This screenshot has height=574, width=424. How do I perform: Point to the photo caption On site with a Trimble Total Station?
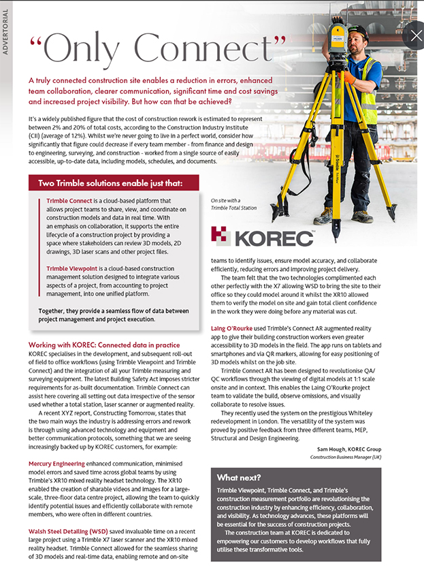coord(229,204)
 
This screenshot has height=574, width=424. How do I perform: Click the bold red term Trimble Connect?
coord(71,202)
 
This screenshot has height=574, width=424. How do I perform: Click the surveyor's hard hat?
coord(358,31)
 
